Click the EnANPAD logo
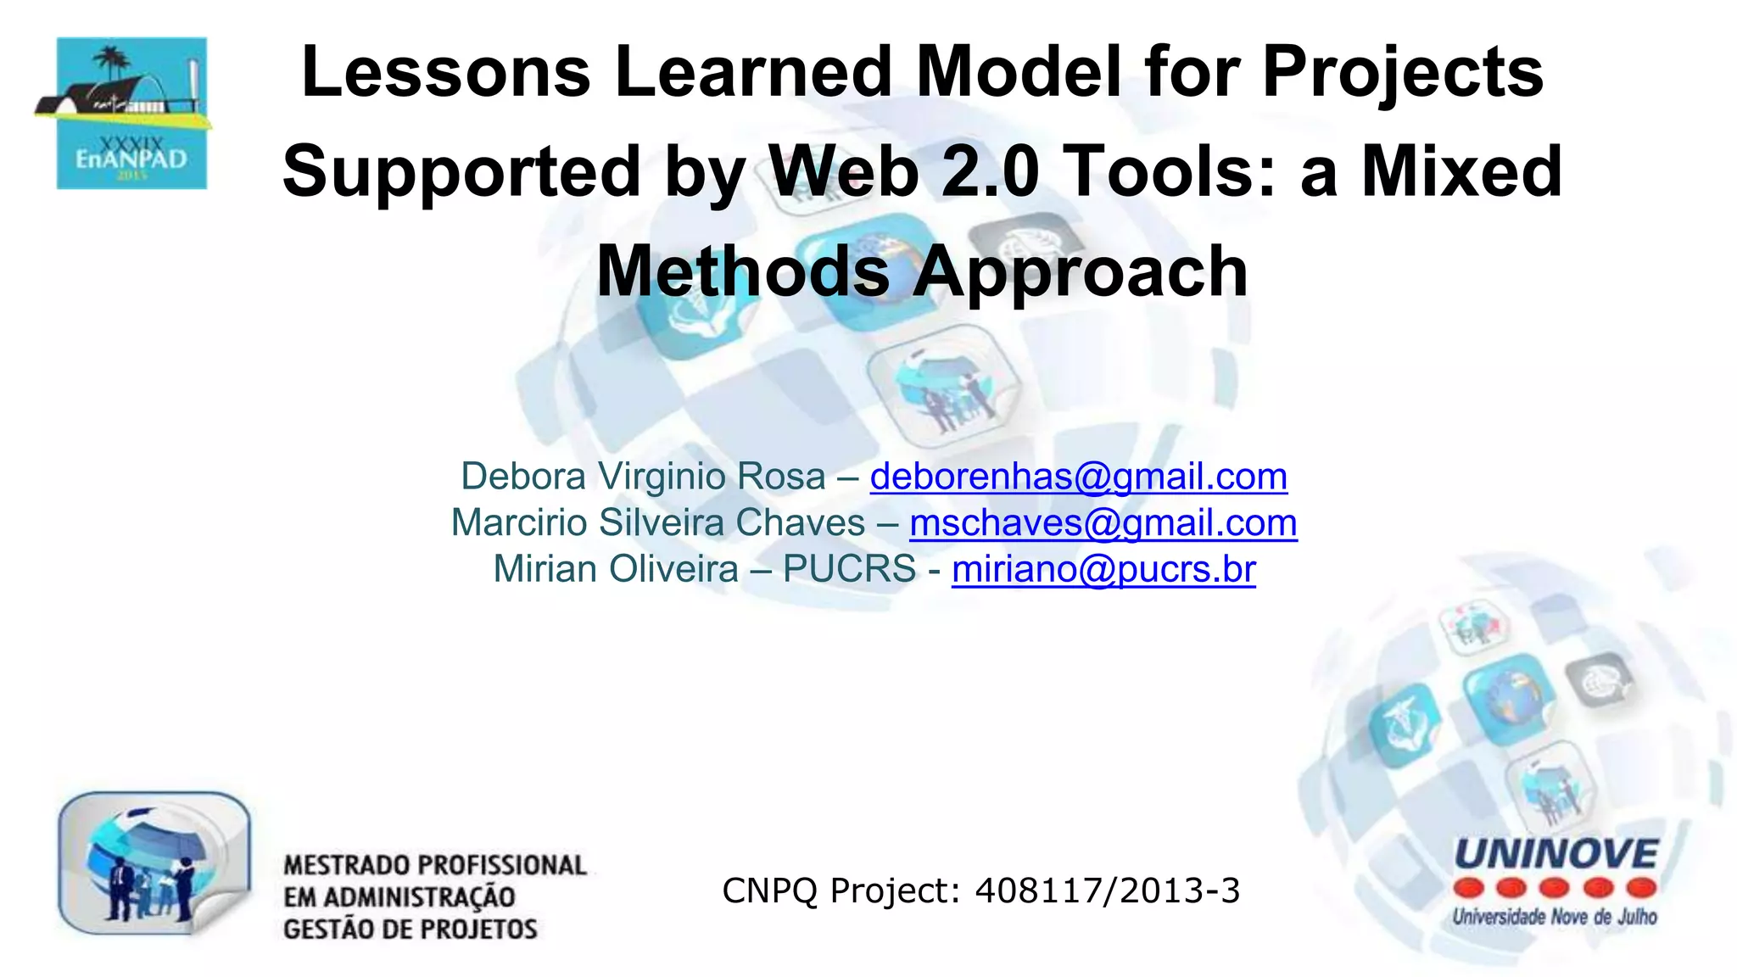[x=131, y=113]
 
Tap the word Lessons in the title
[x=445, y=71]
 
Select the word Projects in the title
[x=1403, y=71]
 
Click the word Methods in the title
[x=743, y=271]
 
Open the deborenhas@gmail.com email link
[x=1078, y=477]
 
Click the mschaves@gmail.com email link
[x=1103, y=523]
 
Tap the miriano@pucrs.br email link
[x=1103, y=569]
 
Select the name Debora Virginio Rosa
[x=643, y=477]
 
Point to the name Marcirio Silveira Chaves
[x=657, y=523]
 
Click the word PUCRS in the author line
[x=849, y=569]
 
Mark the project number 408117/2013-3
[x=1107, y=890]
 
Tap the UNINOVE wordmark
[x=1555, y=854]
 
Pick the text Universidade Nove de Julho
[x=1555, y=917]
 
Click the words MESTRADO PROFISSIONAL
[x=435, y=865]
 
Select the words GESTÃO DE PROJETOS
[x=411, y=930]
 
